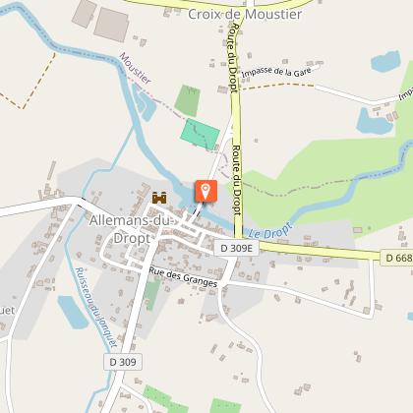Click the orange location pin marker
coord(206,191)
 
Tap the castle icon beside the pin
coord(159,197)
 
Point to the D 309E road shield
coord(236,248)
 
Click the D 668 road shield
coord(397,258)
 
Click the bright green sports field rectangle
coord(200,134)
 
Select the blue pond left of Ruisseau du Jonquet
coord(72,313)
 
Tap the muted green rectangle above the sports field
coord(187,99)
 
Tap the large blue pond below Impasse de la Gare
coord(374,121)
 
